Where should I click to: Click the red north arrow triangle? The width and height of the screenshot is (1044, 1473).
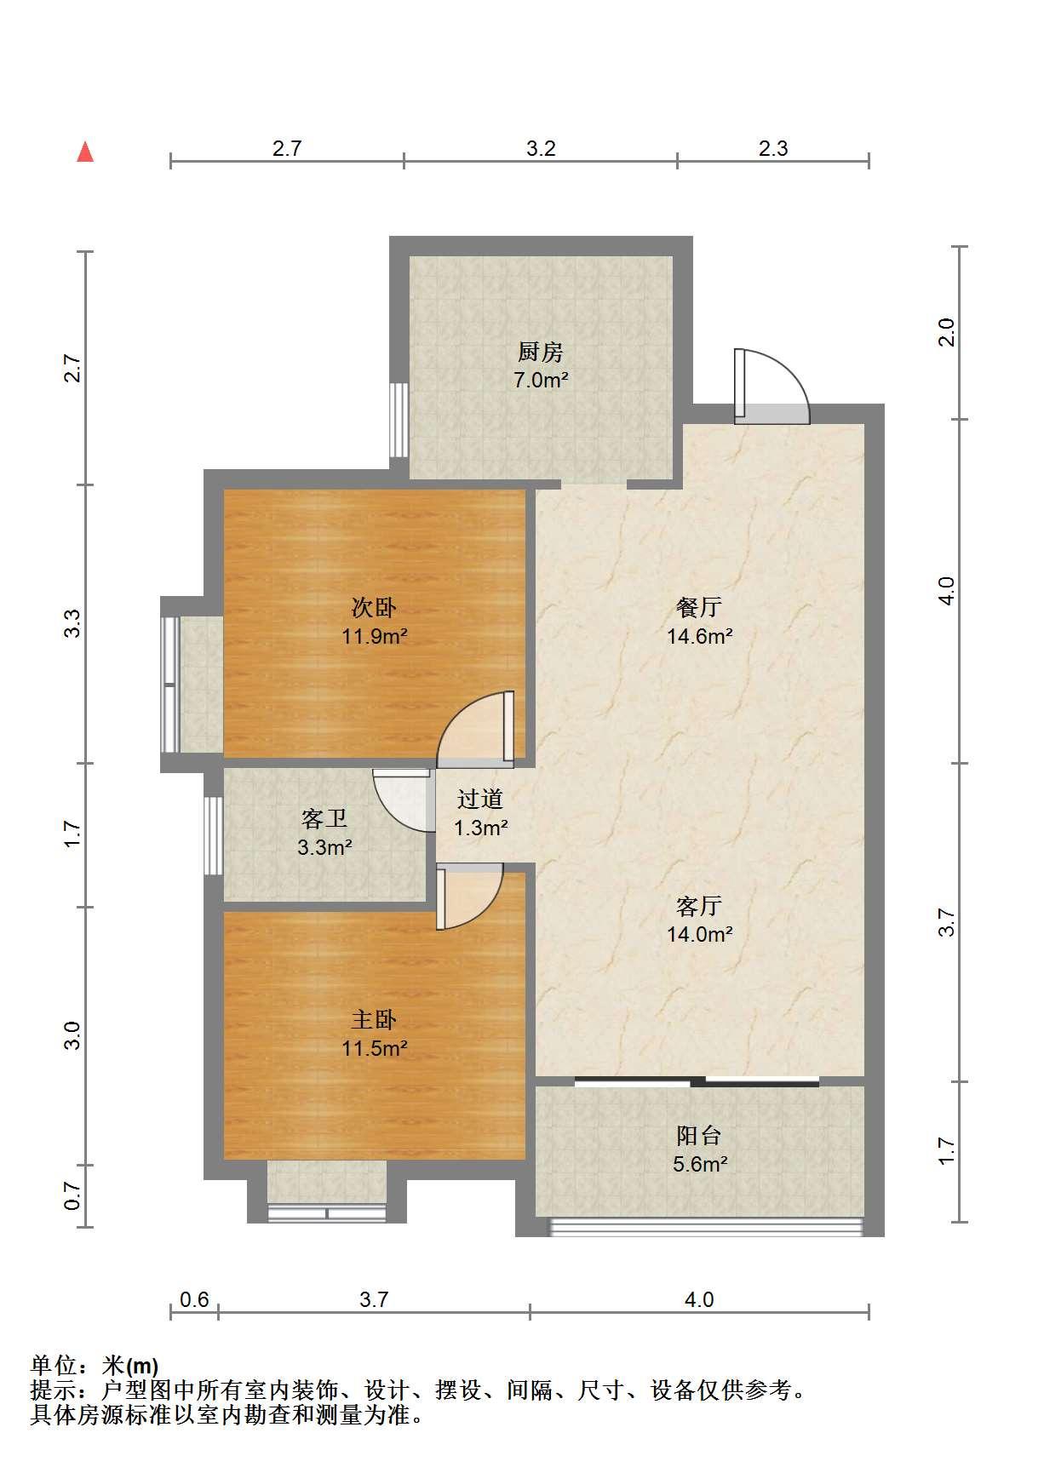coord(85,152)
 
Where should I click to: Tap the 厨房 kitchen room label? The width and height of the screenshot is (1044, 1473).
coord(540,352)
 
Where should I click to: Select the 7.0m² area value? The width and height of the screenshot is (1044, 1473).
coord(540,380)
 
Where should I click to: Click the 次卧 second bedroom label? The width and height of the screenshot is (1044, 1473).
coord(374,607)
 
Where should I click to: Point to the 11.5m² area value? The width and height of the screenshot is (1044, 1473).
coord(374,1048)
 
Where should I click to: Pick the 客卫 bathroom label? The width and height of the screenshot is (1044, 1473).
coord(324,819)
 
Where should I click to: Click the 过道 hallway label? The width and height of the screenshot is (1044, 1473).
coord(480,799)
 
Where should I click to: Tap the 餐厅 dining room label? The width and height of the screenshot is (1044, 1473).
coord(699,607)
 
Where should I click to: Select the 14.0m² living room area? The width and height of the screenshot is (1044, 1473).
coord(699,934)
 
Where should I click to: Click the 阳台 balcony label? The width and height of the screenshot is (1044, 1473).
coord(699,1135)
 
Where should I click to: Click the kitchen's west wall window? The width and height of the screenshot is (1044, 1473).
coord(399,420)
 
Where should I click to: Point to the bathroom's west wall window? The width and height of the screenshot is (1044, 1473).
coord(213,834)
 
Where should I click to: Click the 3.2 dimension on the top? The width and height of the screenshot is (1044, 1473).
coord(541,149)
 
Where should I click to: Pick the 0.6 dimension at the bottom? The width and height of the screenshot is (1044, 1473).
coord(194,1300)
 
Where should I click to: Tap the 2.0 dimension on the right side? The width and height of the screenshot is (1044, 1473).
coord(946,332)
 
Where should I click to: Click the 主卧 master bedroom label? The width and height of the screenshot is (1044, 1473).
coord(374,1020)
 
